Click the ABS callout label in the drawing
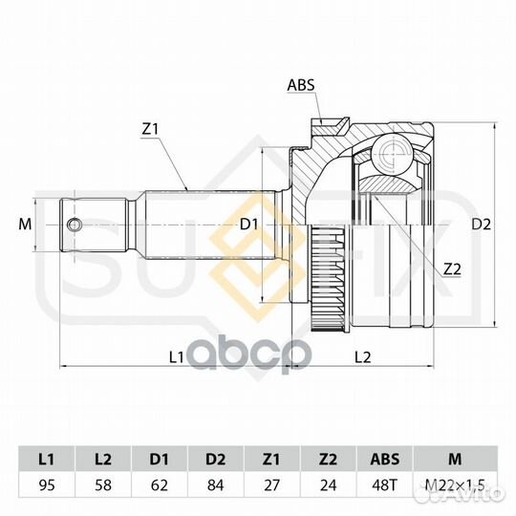pos(301,85)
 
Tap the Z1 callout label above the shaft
pos(150,130)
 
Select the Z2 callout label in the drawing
pos(452,269)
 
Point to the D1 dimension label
pos(249,225)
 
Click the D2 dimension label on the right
pos(481,225)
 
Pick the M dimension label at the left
pos(25,225)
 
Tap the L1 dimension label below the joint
pos(176,357)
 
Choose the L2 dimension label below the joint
pos(363,357)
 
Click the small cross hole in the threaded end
pos(74,225)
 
